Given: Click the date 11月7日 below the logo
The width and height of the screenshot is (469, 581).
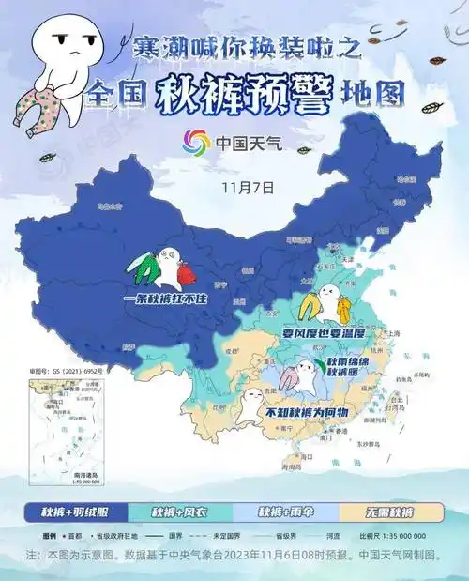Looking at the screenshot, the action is click(x=248, y=186).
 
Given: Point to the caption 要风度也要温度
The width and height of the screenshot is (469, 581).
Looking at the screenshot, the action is click(x=322, y=332).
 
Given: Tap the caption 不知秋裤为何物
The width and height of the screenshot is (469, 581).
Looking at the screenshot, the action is click(x=306, y=412).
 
